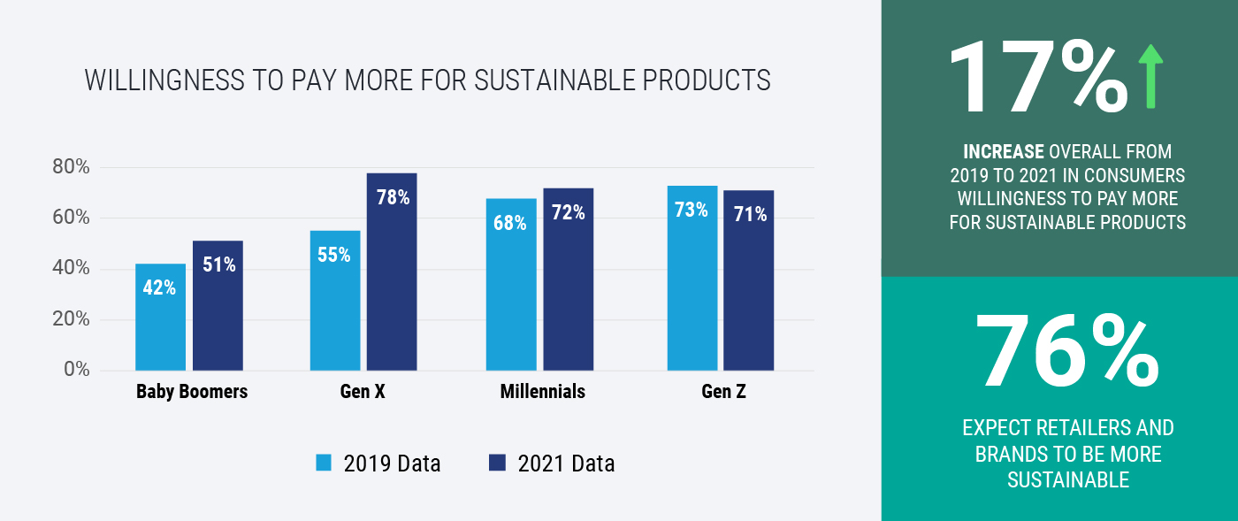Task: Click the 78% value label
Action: click(392, 197)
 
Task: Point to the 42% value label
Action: click(160, 287)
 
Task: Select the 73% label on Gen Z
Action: click(692, 211)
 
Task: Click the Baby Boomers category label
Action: click(191, 392)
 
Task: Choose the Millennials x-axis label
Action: click(542, 392)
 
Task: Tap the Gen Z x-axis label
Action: click(722, 392)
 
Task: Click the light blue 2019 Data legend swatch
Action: click(325, 463)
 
